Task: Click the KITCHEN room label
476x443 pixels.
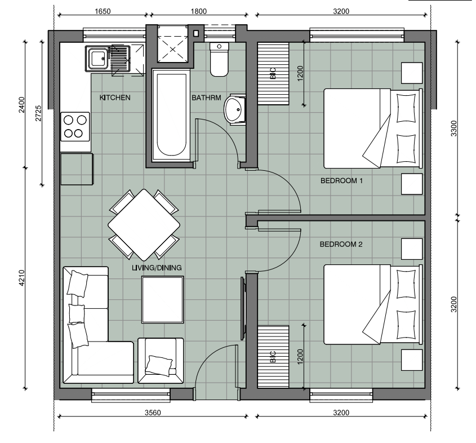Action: point(115,98)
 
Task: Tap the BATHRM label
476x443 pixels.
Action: point(206,98)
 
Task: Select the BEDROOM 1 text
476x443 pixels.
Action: point(341,181)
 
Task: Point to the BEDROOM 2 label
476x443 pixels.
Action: point(341,244)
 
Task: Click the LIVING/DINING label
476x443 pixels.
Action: point(157,268)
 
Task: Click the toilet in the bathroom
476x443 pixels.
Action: point(219,60)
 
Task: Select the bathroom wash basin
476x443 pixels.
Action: point(235,109)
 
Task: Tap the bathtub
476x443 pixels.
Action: point(171,116)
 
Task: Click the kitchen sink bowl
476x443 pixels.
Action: point(97,59)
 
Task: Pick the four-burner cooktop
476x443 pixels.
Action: point(75,127)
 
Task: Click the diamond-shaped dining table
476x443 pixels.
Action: point(144,225)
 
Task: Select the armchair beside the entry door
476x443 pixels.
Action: point(161,360)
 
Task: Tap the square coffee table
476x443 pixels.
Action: point(163,300)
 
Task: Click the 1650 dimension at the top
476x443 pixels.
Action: point(103,11)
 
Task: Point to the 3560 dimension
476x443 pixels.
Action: point(153,413)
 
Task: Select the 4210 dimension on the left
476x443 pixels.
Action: point(21,278)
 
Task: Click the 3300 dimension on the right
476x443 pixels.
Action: point(453,129)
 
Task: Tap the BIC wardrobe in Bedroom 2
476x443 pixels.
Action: point(273,357)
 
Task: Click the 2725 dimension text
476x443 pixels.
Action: point(38,113)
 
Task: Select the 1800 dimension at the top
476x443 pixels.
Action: point(198,11)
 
